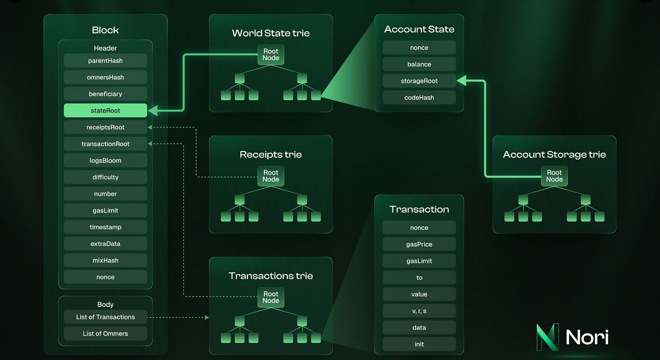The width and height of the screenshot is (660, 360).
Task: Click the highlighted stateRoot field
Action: pyautogui.click(x=105, y=110)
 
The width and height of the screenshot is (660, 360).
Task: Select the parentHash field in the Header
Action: pyautogui.click(x=105, y=60)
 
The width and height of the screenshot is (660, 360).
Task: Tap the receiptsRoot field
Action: pyautogui.click(x=105, y=127)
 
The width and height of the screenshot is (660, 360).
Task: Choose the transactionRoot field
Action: pyautogui.click(x=105, y=144)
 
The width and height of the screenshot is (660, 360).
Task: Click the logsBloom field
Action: pyautogui.click(x=105, y=161)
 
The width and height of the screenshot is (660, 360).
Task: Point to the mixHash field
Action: pyautogui.click(x=105, y=260)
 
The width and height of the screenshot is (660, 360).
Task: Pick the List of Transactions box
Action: pyautogui.click(x=105, y=317)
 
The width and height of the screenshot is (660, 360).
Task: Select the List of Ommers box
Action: pyautogui.click(x=105, y=334)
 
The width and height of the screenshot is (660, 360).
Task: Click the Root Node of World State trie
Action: pyautogui.click(x=271, y=54)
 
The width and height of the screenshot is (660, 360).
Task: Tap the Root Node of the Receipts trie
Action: pyautogui.click(x=271, y=175)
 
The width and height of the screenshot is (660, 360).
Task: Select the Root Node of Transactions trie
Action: pyautogui.click(x=271, y=297)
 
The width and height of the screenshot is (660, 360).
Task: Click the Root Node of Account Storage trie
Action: pyautogui.click(x=554, y=175)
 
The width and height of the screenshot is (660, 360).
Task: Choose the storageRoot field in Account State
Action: pyautogui.click(x=419, y=81)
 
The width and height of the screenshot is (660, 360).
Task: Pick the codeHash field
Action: pyautogui.click(x=419, y=97)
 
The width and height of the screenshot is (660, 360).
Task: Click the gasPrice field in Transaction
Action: pyautogui.click(x=419, y=244)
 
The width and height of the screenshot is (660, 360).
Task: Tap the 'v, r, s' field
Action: pyautogui.click(x=419, y=311)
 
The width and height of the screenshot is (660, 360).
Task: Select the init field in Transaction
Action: pyautogui.click(x=419, y=344)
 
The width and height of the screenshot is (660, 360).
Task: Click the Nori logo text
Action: pyautogui.click(x=587, y=336)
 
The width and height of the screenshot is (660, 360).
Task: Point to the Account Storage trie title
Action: pyautogui.click(x=554, y=155)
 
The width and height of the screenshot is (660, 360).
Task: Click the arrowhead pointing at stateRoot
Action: pyautogui.click(x=152, y=110)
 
